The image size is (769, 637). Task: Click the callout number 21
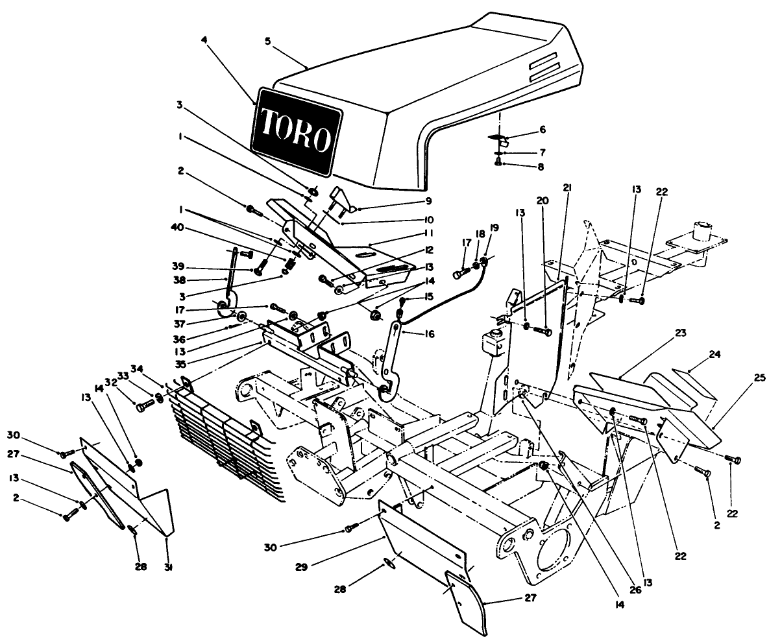567,188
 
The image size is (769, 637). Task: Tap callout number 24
714,355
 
